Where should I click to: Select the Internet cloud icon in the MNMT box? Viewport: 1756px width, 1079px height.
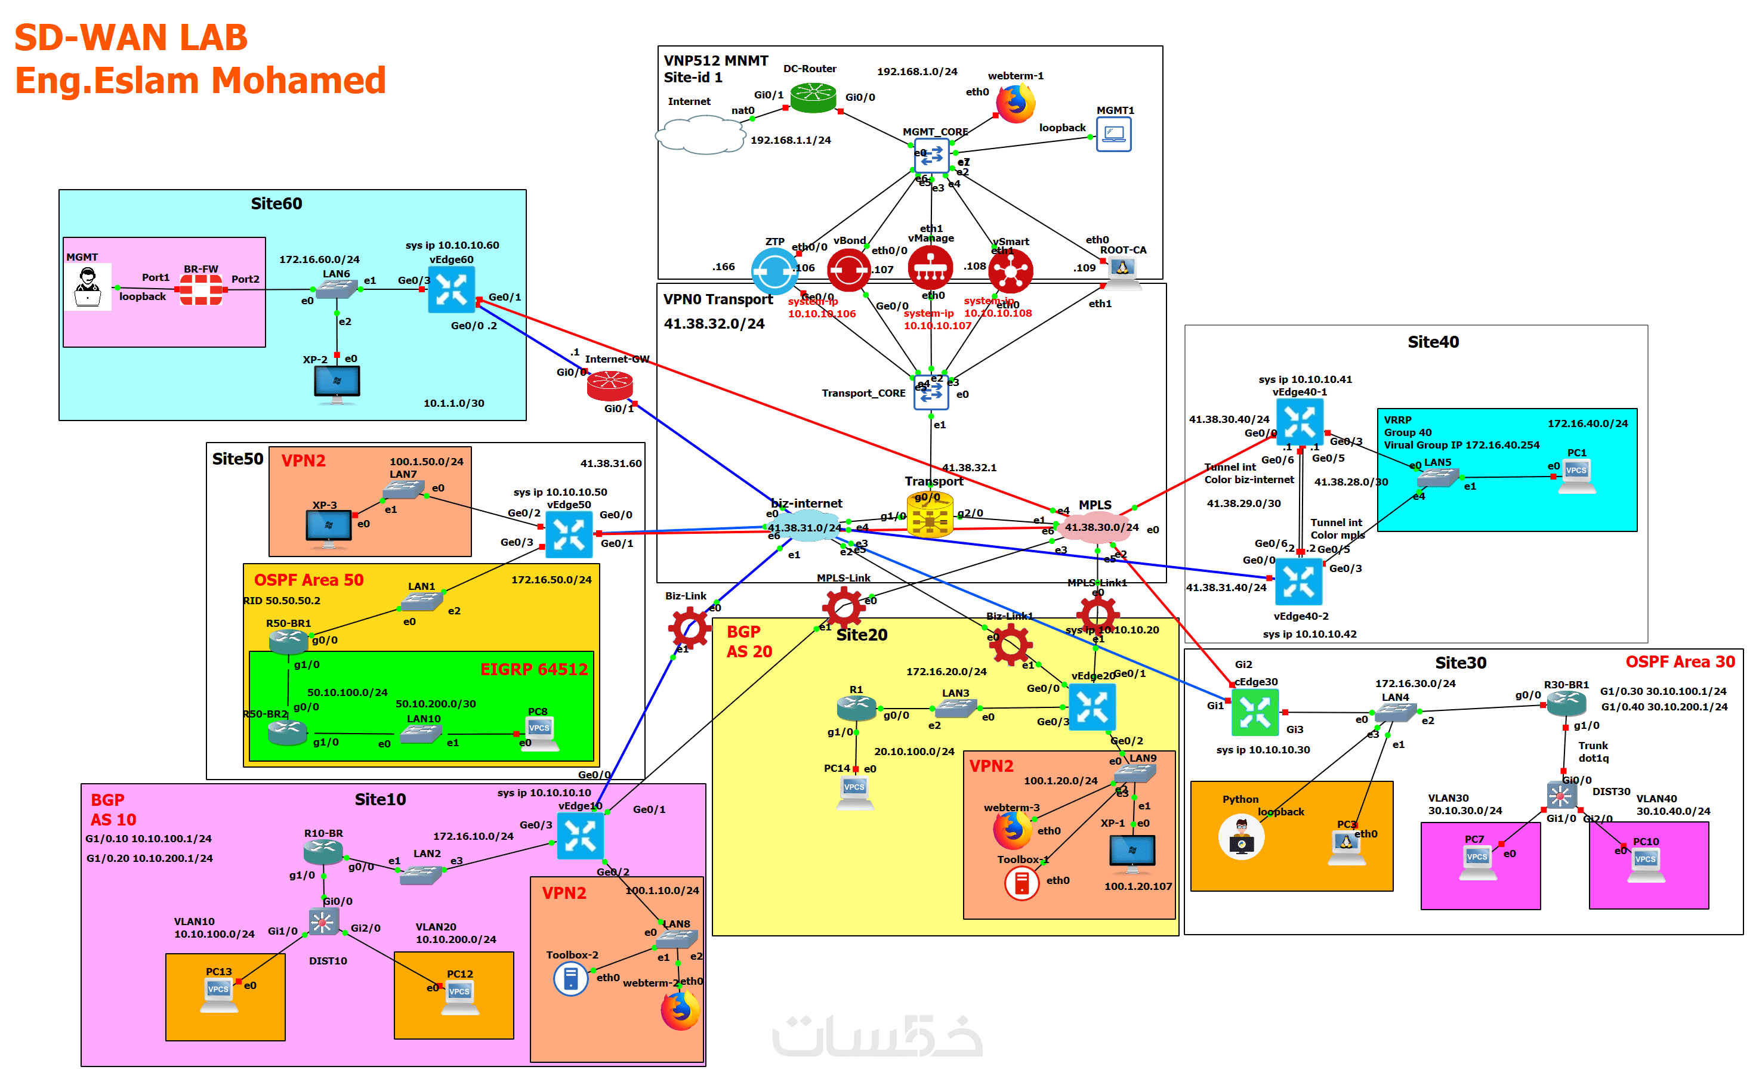point(702,135)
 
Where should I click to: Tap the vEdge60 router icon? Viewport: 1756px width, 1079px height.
point(451,290)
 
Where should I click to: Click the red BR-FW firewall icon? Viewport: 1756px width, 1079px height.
point(200,290)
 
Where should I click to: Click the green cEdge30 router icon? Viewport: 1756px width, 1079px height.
point(1254,712)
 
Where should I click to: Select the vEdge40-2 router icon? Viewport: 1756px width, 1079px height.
point(1298,582)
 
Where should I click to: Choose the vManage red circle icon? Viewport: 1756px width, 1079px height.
point(930,268)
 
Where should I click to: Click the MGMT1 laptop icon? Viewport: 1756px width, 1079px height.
point(1113,134)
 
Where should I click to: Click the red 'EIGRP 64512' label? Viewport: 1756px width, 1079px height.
point(533,669)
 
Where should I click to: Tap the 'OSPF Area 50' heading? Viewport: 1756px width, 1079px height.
point(308,580)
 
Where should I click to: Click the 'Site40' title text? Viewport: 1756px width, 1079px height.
point(1433,342)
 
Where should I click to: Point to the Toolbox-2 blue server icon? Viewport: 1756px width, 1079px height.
point(570,979)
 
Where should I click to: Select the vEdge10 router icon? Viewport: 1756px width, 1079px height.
point(579,836)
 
